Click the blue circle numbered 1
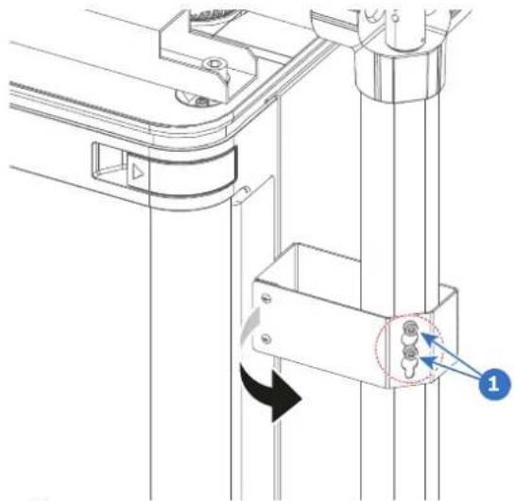tap(494, 384)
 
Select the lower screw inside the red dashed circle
tap(410, 354)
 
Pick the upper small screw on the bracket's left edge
tap(266, 298)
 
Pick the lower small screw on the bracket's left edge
tap(266, 339)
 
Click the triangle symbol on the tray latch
tap(138, 173)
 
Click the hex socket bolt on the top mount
tap(215, 63)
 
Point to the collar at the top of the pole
tap(398, 78)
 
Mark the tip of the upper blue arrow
tap(421, 333)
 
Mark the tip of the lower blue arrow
tap(421, 359)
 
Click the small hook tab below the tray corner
tap(245, 191)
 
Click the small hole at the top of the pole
tap(395, 17)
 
